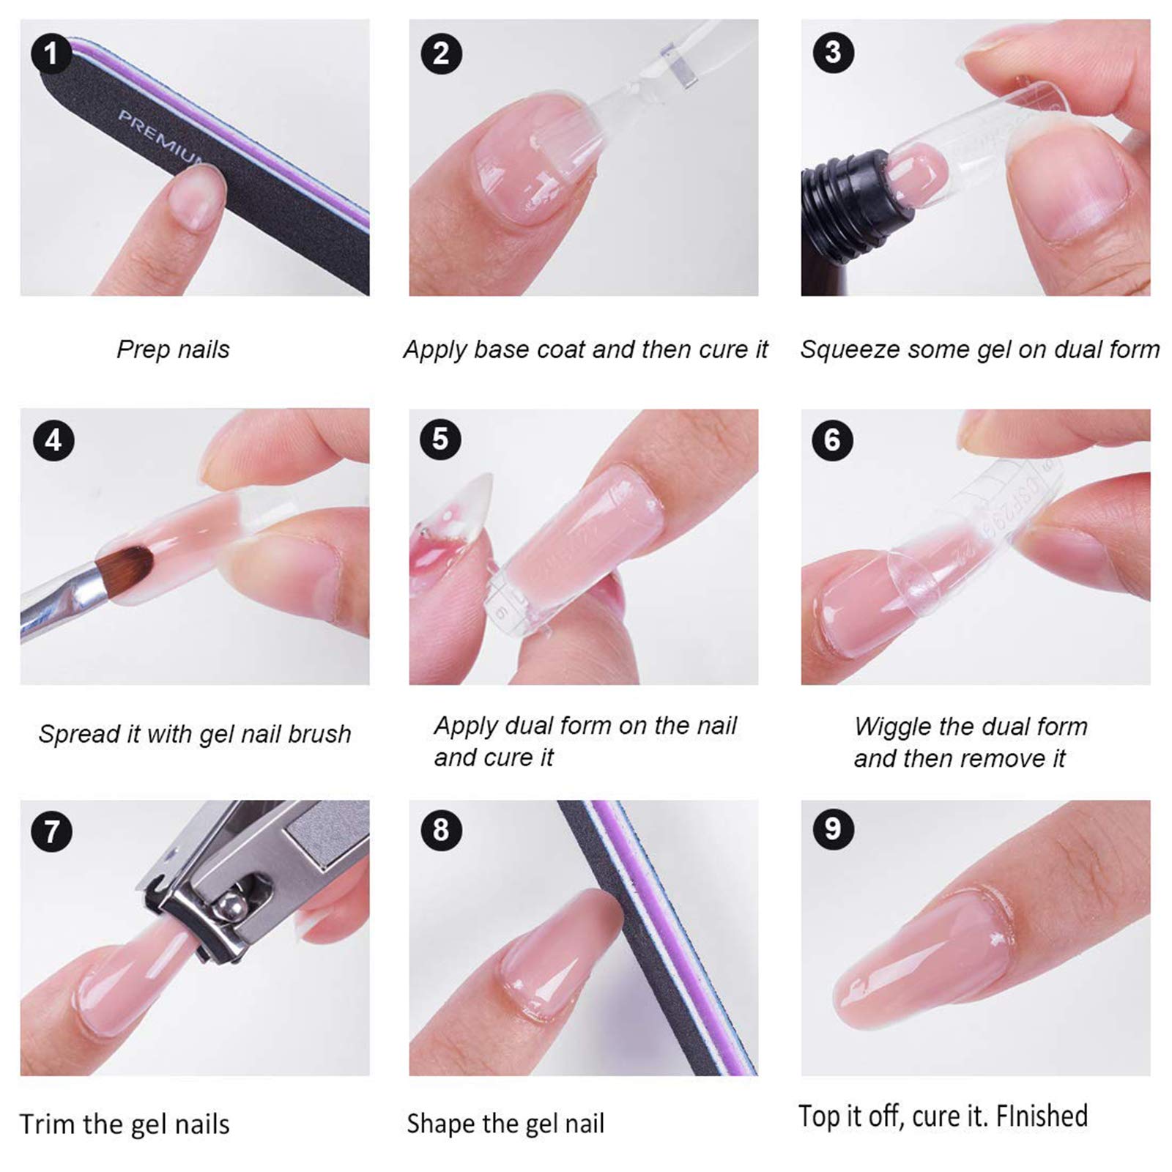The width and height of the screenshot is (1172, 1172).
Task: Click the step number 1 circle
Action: (x=51, y=53)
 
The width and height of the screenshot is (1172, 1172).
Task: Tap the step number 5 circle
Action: (x=440, y=439)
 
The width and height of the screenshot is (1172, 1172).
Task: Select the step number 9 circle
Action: (x=833, y=829)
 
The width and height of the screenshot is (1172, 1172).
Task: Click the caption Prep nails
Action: (x=173, y=349)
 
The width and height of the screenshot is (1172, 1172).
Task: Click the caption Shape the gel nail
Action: (x=505, y=1123)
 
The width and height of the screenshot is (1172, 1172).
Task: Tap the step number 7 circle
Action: (x=51, y=831)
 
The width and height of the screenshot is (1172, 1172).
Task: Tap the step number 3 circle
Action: (x=833, y=53)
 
